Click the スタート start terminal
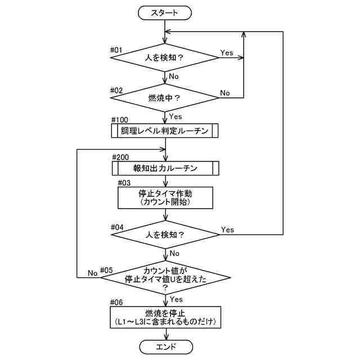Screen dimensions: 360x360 [x=165, y=13]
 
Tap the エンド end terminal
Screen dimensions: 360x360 [x=166, y=346]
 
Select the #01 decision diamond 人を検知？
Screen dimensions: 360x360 [x=165, y=57]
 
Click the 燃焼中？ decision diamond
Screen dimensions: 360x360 [x=165, y=98]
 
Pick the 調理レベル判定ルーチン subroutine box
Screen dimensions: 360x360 [x=165, y=131]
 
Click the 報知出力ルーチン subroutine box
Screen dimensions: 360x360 [x=165, y=168]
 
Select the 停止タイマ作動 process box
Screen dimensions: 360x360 [x=165, y=197]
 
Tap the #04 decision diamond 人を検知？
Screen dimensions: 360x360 [x=165, y=235]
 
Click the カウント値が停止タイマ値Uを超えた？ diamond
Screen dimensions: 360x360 [x=165, y=277]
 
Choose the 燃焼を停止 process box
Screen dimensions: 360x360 [x=165, y=317]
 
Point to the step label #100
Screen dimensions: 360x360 [x=120, y=120]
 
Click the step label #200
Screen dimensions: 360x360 [x=120, y=157]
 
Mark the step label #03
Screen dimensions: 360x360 [x=124, y=183]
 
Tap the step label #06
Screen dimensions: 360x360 [x=116, y=303]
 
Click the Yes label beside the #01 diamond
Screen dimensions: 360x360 [x=227, y=53]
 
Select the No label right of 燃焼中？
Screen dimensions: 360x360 [x=225, y=93]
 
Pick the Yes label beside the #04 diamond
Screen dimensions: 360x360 [x=227, y=229]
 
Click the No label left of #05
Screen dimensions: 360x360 [x=92, y=273]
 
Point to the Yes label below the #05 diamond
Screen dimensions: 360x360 [x=176, y=299]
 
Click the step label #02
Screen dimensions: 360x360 [x=116, y=91]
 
